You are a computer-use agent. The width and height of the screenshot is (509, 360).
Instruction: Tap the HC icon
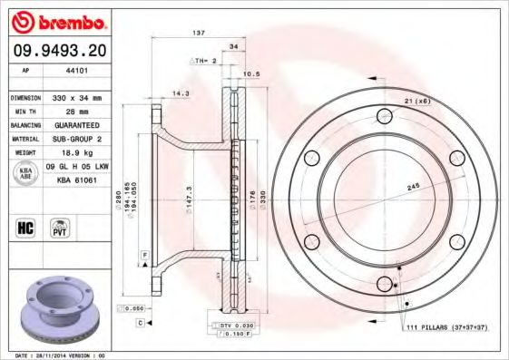point(24,227)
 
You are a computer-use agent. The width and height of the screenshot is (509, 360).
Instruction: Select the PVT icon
point(58,227)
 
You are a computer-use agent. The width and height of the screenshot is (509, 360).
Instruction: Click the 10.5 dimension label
point(253,74)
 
